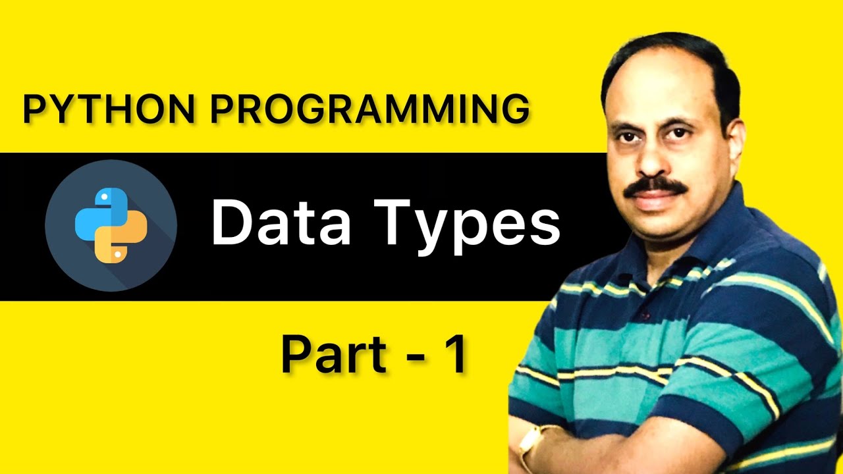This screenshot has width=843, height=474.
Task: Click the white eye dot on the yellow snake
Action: click(117, 253)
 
